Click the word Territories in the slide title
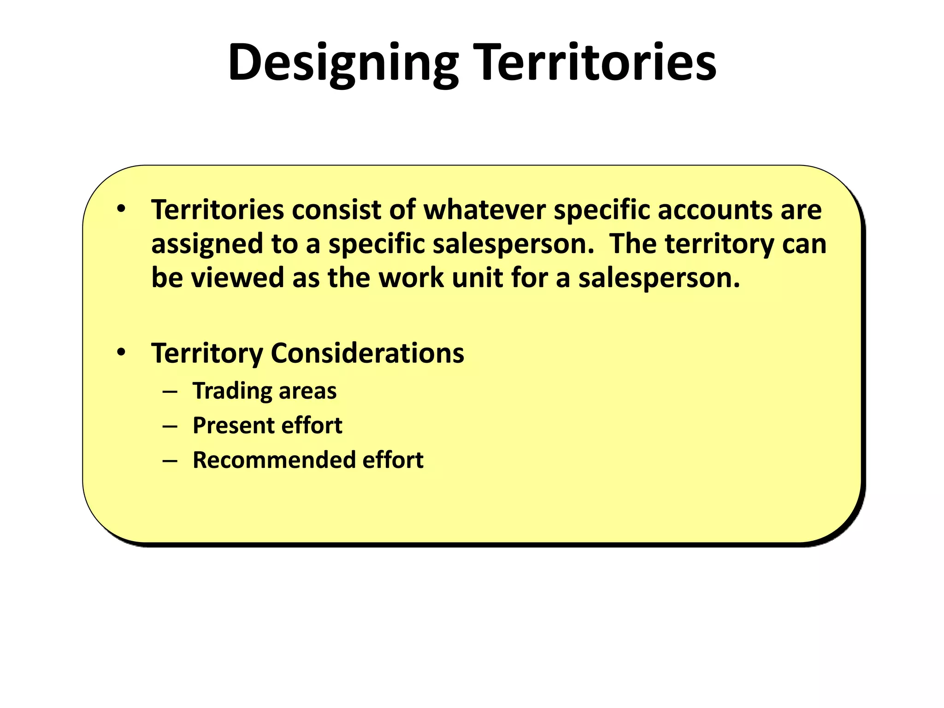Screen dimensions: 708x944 tap(595, 63)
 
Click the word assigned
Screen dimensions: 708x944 tap(207, 244)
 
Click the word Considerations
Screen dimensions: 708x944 tap(367, 354)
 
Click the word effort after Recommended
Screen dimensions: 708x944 tap(393, 460)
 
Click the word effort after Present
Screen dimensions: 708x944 tap(312, 425)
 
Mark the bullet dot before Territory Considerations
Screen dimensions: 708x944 tap(121, 353)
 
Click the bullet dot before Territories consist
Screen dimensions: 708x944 tap(121, 209)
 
